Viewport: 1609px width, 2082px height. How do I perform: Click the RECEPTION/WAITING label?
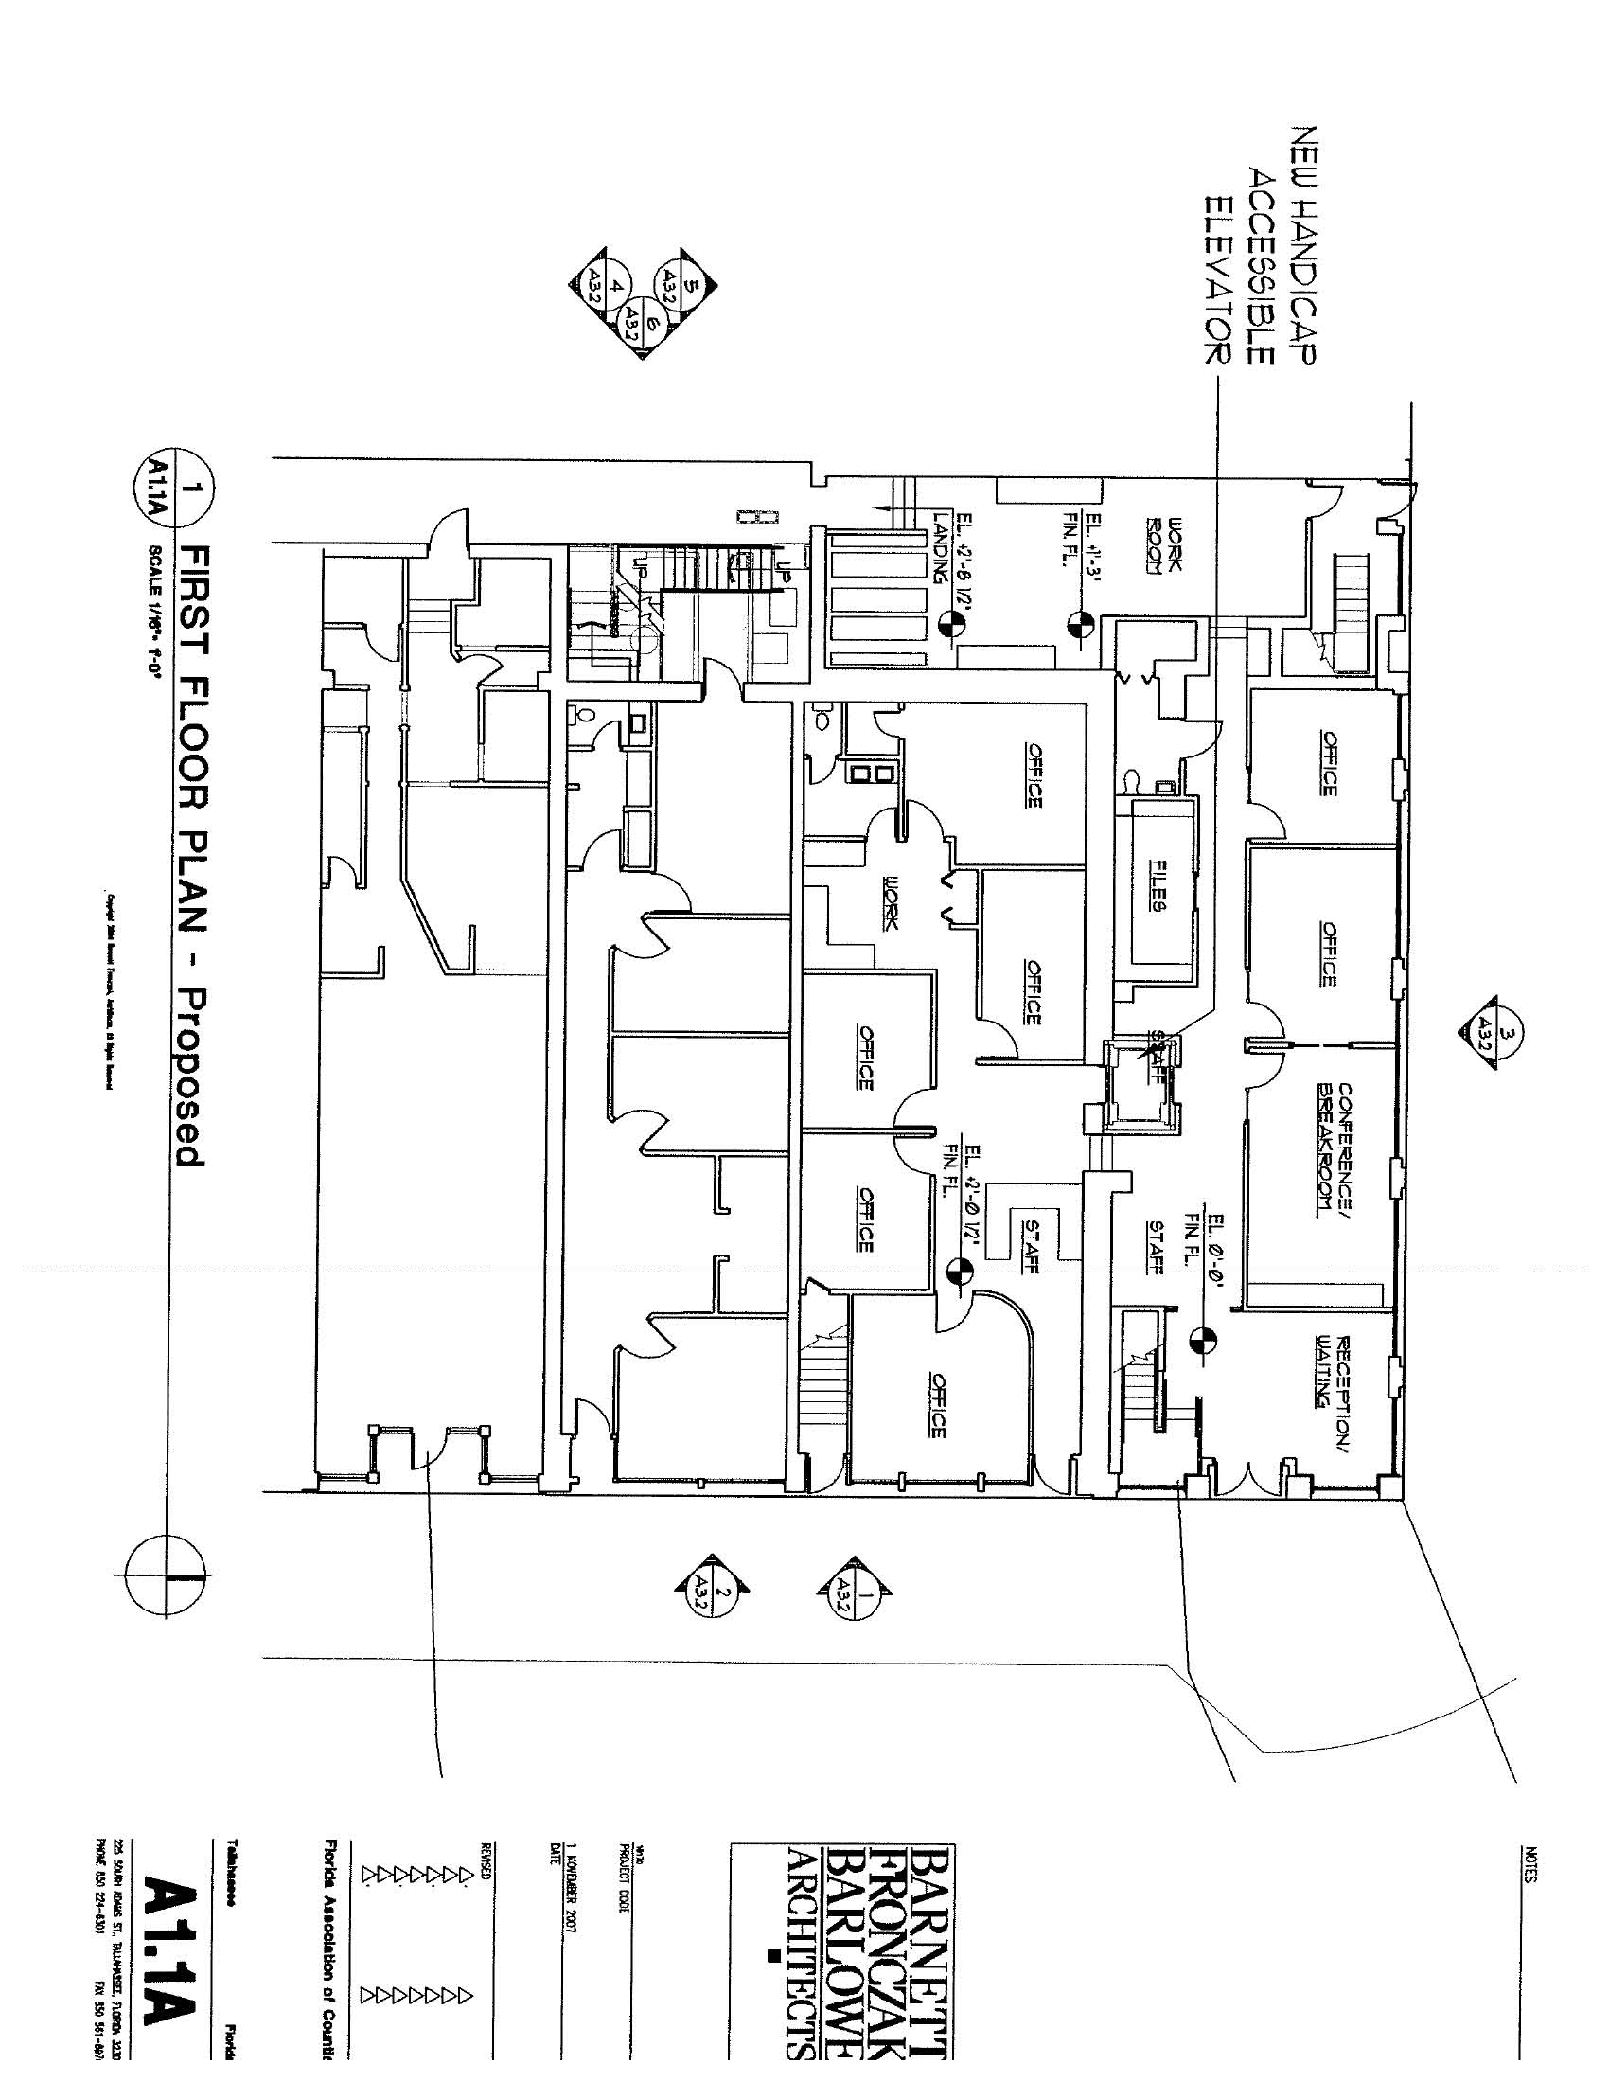1333,1371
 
